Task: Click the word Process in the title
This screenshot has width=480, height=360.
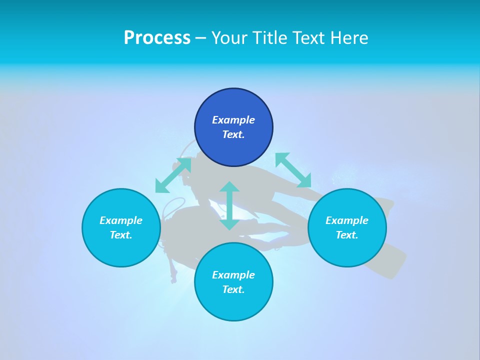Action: click(x=157, y=38)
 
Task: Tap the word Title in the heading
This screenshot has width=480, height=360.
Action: click(x=271, y=38)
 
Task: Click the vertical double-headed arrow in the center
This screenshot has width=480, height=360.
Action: click(x=229, y=205)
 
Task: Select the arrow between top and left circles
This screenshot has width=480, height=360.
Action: click(x=173, y=175)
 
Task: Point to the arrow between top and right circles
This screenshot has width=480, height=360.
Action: click(x=293, y=170)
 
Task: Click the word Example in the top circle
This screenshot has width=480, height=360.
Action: click(x=233, y=120)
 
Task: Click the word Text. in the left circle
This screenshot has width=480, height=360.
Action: click(x=121, y=235)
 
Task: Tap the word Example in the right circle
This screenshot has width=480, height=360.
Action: click(x=347, y=220)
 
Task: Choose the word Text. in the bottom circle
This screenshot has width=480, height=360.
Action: click(x=233, y=289)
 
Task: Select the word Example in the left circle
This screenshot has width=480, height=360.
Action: click(x=121, y=220)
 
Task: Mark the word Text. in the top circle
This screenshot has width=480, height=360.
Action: click(x=233, y=134)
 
